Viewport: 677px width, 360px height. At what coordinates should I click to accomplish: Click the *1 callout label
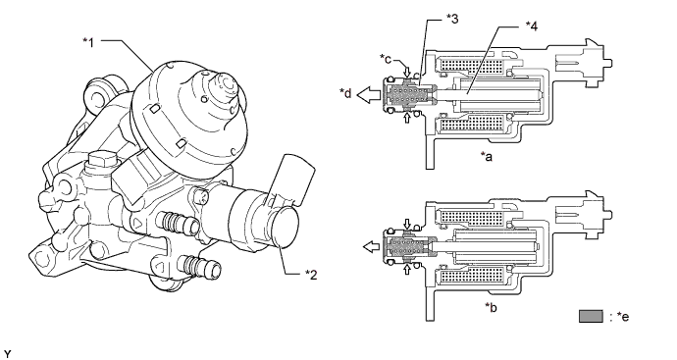(88, 42)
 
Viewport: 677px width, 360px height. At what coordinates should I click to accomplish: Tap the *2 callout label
(311, 274)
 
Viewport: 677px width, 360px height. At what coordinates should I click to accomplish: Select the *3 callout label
(451, 19)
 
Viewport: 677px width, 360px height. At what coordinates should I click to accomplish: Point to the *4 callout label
(532, 26)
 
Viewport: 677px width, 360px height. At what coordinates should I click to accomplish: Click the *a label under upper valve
(487, 156)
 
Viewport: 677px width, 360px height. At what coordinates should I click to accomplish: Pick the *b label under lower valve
(491, 307)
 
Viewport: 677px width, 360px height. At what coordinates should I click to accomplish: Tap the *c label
(386, 58)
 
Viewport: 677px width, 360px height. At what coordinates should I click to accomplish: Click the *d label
(346, 93)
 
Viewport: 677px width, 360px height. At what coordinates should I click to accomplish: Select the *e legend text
(619, 317)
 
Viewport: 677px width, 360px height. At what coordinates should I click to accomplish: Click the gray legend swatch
(591, 316)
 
